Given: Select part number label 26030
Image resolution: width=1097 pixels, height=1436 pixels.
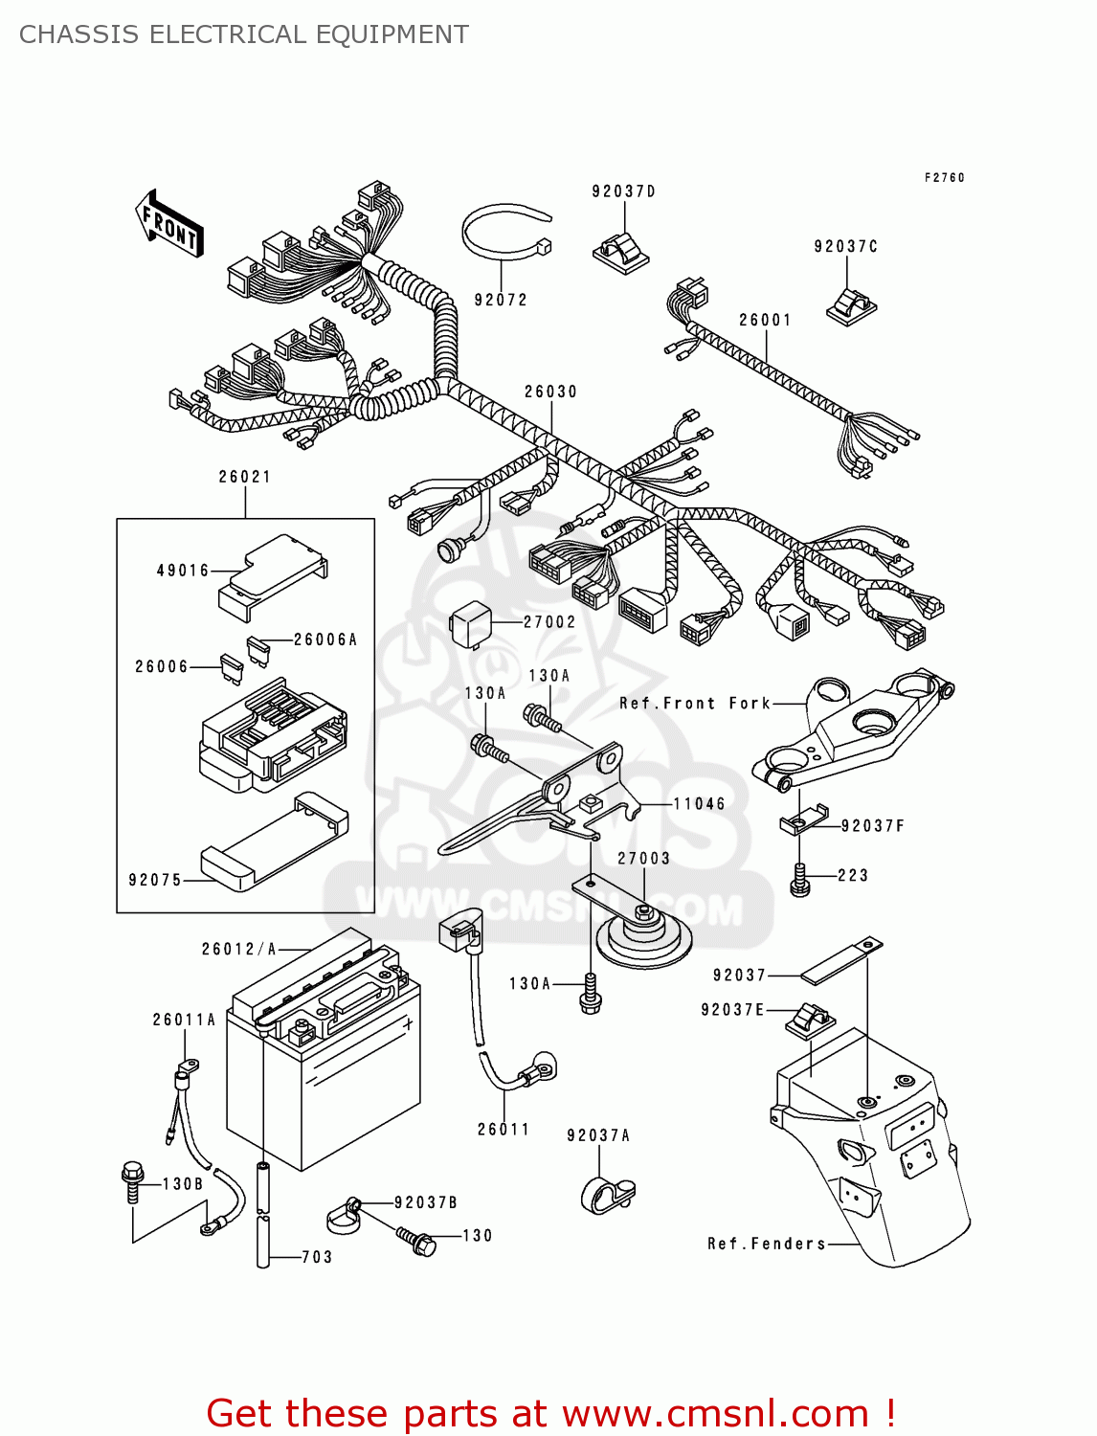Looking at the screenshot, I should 550,392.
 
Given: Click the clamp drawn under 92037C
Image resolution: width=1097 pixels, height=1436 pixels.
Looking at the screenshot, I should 850,305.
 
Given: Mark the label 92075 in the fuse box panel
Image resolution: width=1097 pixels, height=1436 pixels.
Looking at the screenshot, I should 155,880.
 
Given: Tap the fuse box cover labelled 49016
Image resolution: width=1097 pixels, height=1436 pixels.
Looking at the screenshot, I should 272,575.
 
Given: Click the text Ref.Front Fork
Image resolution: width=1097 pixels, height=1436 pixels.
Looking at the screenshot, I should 694,704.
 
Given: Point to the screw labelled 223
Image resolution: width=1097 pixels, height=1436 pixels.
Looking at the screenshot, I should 800,879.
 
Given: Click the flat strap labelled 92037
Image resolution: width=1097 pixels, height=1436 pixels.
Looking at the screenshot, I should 840,960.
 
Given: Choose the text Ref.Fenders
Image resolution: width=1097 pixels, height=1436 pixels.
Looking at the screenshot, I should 766,1244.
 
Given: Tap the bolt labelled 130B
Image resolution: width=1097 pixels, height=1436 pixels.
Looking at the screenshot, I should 132,1181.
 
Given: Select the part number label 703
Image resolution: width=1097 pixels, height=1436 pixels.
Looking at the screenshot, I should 317,1257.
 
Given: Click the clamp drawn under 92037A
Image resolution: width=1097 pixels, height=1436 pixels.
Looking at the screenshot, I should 607,1195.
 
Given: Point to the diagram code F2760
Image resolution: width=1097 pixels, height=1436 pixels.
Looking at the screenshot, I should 944,178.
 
